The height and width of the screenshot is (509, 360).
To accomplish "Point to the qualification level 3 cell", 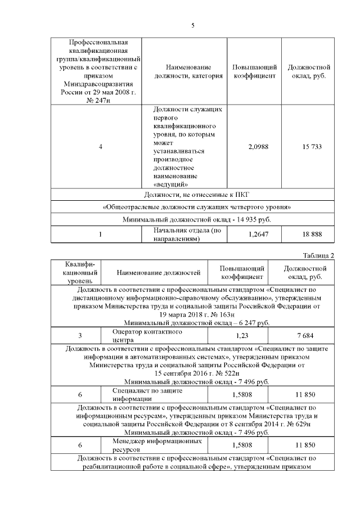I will pos(80,336).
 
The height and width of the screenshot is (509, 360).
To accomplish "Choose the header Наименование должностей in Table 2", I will pos(159,273).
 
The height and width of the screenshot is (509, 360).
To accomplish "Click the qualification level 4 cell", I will pos(100,146).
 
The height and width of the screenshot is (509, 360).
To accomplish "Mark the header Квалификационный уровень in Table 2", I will pos(76,273).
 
